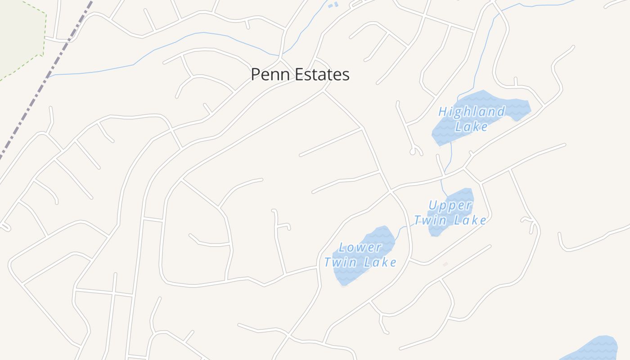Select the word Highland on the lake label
click(472, 112)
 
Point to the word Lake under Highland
click(471, 126)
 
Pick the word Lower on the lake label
click(360, 247)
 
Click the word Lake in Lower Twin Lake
click(380, 262)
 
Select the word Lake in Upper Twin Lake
click(470, 220)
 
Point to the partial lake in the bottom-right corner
click(598, 349)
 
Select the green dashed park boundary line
click(44, 36)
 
